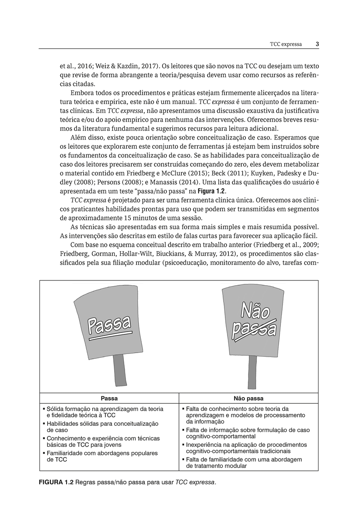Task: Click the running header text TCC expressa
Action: click(x=286, y=44)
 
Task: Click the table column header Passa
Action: click(x=109, y=399)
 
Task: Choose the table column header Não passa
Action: click(x=248, y=399)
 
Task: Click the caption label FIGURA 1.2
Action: click(x=56, y=483)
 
